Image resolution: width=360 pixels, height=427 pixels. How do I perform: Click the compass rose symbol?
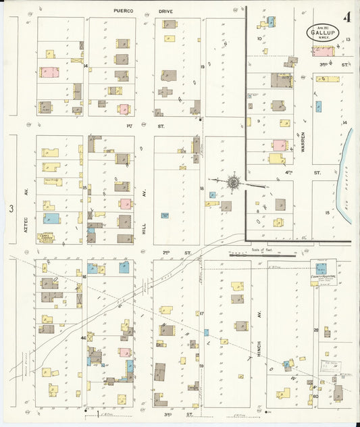[x=233, y=182]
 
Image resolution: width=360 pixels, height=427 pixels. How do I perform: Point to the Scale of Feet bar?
[x=263, y=255]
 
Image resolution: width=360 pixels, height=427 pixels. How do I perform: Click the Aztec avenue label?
[x=27, y=199]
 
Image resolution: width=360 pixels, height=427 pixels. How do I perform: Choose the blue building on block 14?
[x=317, y=106]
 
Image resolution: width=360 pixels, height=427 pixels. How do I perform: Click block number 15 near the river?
[x=328, y=212]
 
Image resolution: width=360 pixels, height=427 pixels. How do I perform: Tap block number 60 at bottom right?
[x=315, y=396]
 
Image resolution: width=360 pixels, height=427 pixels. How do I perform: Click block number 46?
[x=83, y=337]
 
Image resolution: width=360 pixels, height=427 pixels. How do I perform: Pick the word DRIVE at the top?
[x=165, y=11]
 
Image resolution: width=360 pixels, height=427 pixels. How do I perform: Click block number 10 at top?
[x=259, y=39]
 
